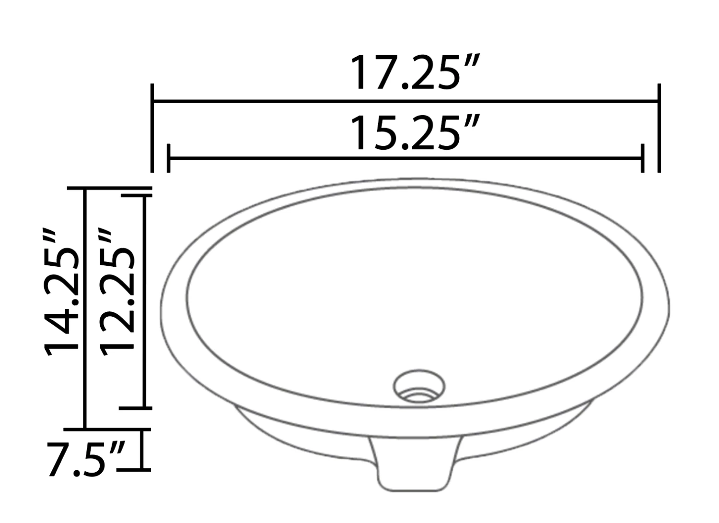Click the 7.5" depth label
tap(86, 459)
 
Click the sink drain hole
tap(419, 386)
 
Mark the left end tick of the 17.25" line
tap(152, 128)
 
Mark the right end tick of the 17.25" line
tap(659, 128)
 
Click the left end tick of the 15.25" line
tap(169, 158)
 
